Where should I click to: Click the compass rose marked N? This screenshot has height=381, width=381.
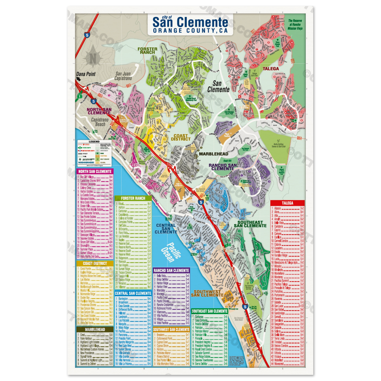tap(93, 58)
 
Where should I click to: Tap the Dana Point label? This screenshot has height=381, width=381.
tap(86, 74)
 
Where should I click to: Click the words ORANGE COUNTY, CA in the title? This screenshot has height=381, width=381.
tap(190, 31)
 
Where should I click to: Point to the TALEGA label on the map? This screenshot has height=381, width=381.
tap(271, 69)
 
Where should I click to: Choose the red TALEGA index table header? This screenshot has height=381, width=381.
tap(287, 203)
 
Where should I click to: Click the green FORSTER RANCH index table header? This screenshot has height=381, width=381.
tap(133, 198)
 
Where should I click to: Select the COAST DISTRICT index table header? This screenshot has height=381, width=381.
tap(95, 264)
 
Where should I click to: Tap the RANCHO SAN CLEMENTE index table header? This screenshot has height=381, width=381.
tap(171, 271)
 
